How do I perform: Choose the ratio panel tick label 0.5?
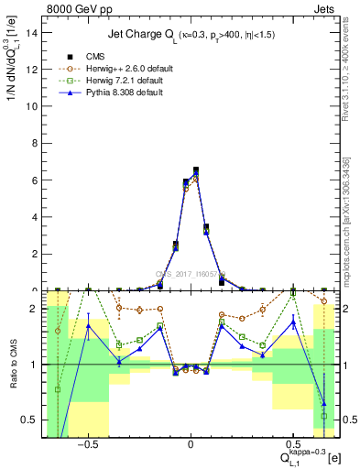click(30, 420)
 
